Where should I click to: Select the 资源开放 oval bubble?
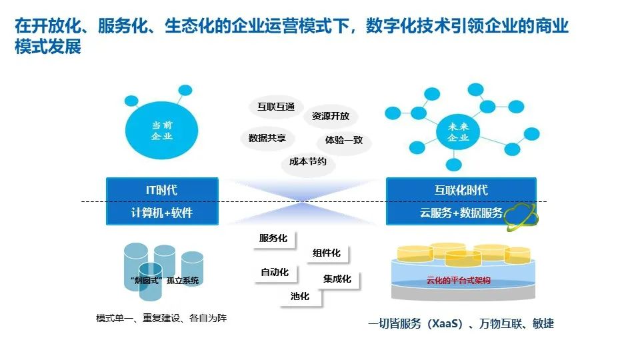331,116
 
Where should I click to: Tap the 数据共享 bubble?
267,138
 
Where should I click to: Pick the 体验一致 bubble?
344,141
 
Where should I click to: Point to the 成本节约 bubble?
308,162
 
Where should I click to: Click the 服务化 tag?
273,238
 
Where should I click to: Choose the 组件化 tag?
327,253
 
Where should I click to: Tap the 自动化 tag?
275,272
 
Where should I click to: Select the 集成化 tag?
337,279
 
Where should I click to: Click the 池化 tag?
300,297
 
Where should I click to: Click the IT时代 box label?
162,190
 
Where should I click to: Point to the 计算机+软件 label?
162,213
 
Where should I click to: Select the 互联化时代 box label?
461,190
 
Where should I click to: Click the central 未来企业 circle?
457,132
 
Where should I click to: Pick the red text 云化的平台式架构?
458,281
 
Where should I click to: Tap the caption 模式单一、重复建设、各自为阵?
161,318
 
